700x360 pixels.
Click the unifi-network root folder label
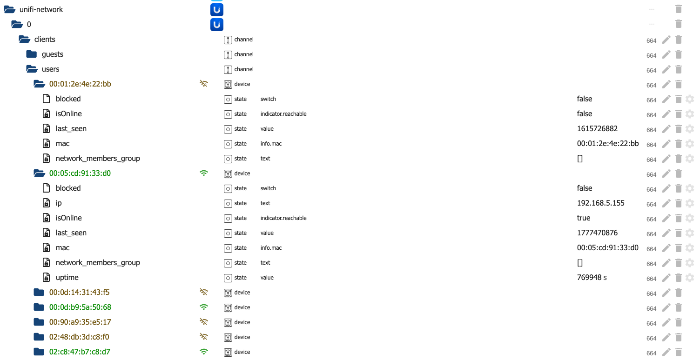point(41,10)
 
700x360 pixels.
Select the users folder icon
point(32,69)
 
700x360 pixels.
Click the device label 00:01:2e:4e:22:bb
point(80,84)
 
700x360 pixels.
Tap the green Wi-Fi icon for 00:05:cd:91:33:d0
point(204,173)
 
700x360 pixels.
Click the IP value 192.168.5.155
point(600,203)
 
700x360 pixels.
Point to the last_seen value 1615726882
point(597,129)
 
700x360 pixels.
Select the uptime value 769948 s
point(592,277)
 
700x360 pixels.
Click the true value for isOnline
point(584,218)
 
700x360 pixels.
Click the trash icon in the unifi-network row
point(679,9)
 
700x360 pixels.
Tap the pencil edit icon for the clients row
point(666,40)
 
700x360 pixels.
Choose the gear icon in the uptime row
point(690,278)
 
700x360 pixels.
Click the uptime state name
point(67,277)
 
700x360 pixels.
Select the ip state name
point(59,203)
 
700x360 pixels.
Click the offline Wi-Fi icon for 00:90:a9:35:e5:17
point(204,321)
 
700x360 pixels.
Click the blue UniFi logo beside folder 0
point(217,25)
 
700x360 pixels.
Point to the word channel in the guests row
point(244,54)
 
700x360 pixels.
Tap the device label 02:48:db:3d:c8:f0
point(79,337)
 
